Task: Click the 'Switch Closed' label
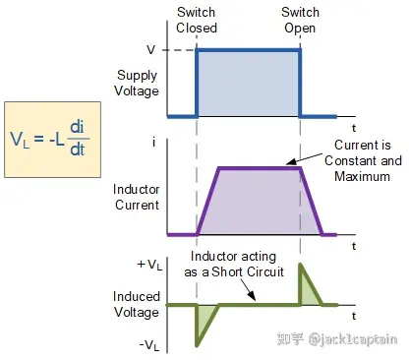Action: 197,20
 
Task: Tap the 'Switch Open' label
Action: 300,20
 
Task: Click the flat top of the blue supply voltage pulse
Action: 249,51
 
